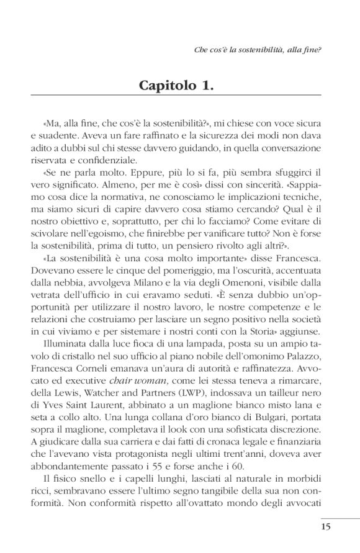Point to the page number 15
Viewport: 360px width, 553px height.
tap(327, 527)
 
